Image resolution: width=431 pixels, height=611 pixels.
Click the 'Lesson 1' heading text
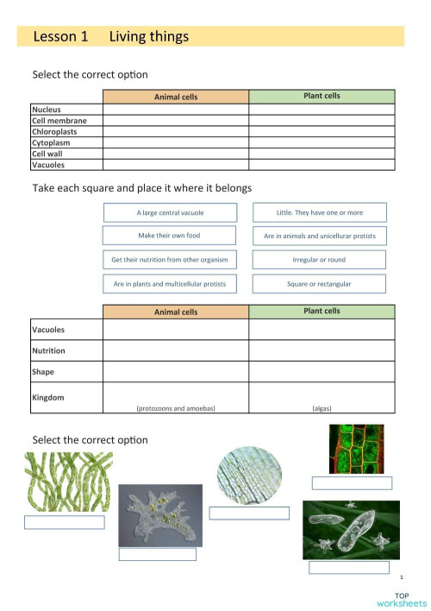click(60, 36)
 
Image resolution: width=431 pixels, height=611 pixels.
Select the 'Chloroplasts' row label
click(56, 132)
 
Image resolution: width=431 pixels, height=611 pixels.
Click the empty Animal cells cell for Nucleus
click(176, 110)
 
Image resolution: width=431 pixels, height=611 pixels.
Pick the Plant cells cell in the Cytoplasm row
click(322, 142)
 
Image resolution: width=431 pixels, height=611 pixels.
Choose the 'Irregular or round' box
click(319, 259)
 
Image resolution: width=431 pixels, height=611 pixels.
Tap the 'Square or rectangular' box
click(319, 283)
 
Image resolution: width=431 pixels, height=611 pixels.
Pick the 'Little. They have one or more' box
click(319, 212)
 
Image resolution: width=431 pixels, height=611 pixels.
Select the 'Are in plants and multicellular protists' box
click(170, 283)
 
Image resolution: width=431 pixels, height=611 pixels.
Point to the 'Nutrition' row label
click(48, 351)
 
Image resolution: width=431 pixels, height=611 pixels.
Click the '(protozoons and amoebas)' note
click(176, 407)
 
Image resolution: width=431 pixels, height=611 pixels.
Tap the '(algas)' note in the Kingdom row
click(322, 407)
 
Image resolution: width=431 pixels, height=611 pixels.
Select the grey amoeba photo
click(159, 514)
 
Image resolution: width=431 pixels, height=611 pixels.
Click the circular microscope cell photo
click(248, 475)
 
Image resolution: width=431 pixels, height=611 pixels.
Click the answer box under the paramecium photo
click(349, 568)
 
